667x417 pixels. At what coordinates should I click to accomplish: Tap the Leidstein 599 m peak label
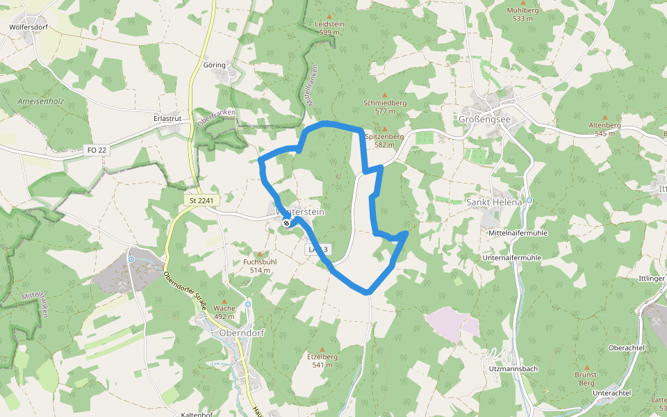tap(329, 28)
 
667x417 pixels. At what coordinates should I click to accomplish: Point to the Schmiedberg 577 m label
tap(384, 106)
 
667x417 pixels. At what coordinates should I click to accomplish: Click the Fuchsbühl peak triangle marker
tap(260, 254)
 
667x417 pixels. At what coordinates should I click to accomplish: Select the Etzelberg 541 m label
tap(322, 360)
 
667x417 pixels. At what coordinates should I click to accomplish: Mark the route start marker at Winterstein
tap(286, 223)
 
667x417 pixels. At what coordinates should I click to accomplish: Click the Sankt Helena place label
tap(493, 202)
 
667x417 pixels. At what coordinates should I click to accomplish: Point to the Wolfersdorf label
tap(28, 28)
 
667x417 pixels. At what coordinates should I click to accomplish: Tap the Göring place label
tap(214, 65)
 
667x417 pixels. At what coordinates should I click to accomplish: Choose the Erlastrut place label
tap(167, 119)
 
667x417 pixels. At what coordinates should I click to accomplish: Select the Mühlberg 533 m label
tap(522, 15)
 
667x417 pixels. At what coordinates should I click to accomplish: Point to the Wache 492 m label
tap(224, 312)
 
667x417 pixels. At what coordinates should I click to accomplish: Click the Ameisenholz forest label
tap(40, 101)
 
